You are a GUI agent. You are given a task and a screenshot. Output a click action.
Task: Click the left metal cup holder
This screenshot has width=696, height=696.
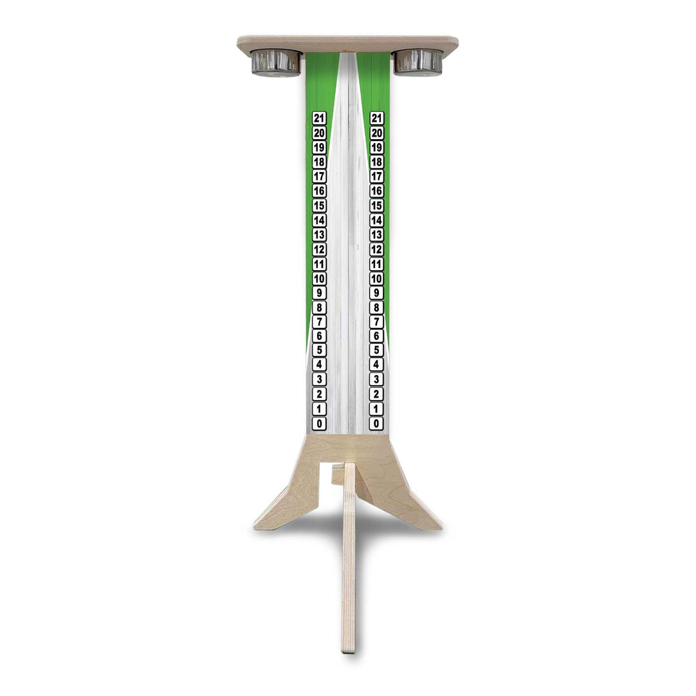coord(276,63)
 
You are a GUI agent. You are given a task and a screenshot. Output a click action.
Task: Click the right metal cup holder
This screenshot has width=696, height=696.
coord(418,62)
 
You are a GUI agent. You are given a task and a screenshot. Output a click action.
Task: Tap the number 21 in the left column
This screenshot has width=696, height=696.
coord(319,118)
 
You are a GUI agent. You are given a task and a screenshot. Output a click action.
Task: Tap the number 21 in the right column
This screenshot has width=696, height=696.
coord(376,118)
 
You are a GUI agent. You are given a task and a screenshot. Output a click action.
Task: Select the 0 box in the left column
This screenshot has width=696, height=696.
coord(319,423)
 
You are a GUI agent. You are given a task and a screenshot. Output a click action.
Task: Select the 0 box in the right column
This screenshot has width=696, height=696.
coord(376,423)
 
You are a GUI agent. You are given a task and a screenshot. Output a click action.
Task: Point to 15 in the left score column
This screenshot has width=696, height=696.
coord(319,206)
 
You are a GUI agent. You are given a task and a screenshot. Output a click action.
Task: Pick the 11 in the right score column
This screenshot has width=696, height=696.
coord(376,264)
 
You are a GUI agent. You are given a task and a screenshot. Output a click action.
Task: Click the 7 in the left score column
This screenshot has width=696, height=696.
coord(319,322)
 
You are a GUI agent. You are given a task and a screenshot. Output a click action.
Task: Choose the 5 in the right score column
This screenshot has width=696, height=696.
coord(376,351)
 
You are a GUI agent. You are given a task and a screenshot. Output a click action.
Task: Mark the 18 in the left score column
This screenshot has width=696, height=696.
coord(319,162)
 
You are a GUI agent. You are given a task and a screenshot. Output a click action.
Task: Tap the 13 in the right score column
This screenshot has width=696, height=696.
coord(376,235)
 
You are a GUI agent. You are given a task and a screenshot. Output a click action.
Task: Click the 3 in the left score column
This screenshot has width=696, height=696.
coord(319,380)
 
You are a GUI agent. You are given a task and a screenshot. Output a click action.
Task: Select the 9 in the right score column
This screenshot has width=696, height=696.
coord(376,293)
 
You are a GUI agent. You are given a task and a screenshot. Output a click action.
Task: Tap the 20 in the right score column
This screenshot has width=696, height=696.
coord(376,133)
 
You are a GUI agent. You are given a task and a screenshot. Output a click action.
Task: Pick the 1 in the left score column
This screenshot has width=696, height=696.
coord(319,409)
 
